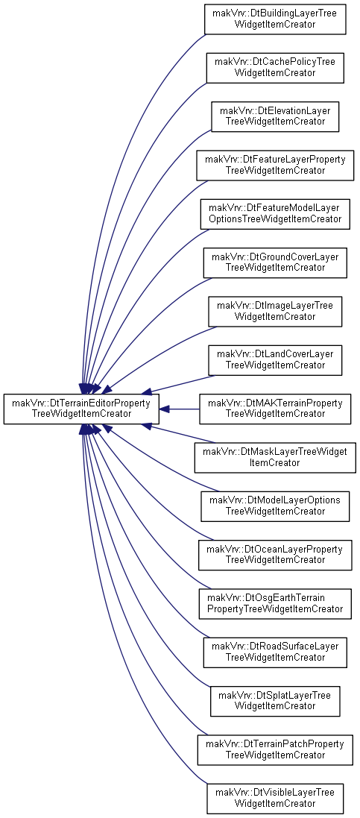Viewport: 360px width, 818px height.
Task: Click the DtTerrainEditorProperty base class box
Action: pos(80,409)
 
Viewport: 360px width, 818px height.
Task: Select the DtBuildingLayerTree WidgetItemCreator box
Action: pos(275,19)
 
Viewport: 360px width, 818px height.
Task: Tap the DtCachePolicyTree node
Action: pos(275,68)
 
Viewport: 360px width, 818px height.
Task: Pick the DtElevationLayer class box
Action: pos(275,116)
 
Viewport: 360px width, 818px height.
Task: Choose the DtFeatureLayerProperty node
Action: pos(275,165)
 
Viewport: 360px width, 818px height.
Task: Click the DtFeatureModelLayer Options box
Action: pos(275,214)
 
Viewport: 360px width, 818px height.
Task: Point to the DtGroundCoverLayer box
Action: pos(275,262)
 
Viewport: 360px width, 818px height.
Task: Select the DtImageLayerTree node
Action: pos(275,312)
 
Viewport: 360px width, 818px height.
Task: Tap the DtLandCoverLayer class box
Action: pos(275,360)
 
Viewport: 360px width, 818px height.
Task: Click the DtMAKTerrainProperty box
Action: pos(275,409)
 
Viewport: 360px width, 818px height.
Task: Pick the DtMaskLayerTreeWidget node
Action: pos(275,458)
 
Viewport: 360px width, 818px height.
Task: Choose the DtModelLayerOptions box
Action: pos(275,506)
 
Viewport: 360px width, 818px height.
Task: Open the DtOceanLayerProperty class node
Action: pos(275,555)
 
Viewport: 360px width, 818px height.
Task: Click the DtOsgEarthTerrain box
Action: pos(275,603)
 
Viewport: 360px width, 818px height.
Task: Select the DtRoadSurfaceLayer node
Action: pos(275,652)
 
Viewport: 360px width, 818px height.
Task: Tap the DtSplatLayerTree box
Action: pos(275,701)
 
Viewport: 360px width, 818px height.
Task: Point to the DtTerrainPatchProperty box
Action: pos(275,749)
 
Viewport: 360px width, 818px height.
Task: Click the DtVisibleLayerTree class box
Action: pos(275,799)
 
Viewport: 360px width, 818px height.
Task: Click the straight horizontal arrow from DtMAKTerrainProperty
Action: pos(179,409)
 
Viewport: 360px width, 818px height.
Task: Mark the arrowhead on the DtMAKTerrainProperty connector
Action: pos(164,409)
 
